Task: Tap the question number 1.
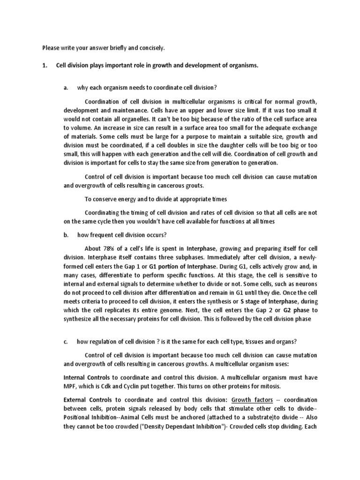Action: pos(45,66)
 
